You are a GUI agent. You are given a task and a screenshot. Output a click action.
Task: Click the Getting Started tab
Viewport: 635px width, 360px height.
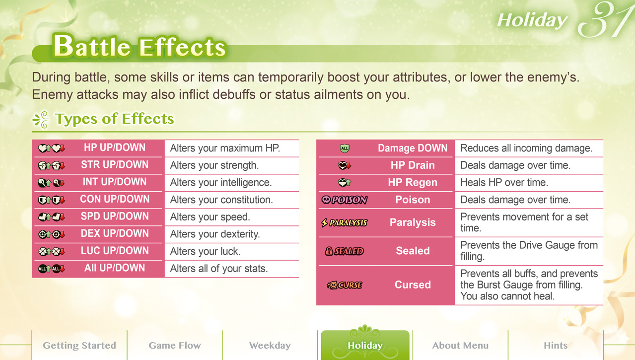[79, 345]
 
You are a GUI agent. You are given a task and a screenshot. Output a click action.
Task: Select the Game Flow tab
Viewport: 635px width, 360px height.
[175, 345]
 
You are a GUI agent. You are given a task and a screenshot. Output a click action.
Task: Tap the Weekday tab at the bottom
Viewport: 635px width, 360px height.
[270, 345]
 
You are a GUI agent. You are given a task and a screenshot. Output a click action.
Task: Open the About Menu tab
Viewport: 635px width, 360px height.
[460, 345]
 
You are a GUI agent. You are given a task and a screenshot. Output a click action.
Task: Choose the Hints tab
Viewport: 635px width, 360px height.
[556, 345]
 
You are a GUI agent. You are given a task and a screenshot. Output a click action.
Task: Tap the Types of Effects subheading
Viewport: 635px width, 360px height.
[115, 119]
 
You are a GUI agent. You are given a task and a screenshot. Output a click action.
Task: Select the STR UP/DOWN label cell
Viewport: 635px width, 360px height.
[115, 165]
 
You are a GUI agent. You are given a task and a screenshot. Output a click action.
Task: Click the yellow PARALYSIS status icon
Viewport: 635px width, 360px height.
[345, 223]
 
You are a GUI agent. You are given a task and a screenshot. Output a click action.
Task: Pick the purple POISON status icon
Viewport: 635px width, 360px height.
[345, 200]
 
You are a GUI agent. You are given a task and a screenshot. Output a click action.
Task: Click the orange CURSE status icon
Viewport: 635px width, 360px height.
[345, 285]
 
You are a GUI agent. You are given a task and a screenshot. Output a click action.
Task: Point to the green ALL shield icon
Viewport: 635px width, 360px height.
[345, 148]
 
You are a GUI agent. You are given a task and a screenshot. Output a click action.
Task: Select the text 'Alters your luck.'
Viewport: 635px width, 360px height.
[205, 251]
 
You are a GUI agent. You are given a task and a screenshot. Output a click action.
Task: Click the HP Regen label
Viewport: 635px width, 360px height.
[413, 182]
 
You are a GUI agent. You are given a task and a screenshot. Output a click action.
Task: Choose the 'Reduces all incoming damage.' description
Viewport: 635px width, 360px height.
[526, 148]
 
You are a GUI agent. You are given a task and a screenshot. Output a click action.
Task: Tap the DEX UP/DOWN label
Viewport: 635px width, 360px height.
[115, 233]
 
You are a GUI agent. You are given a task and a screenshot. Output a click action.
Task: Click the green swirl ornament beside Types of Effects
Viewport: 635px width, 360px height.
[41, 119]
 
